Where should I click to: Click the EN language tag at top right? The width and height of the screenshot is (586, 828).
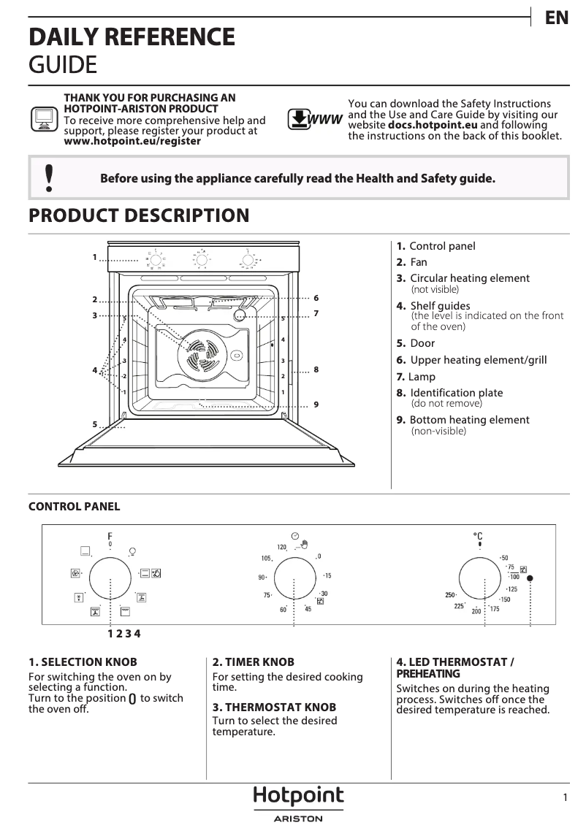(x=557, y=18)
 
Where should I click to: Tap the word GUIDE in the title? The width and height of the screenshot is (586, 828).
(x=62, y=64)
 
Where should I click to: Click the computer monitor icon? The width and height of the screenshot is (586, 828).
(x=44, y=118)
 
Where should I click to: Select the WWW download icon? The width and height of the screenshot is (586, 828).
(x=314, y=119)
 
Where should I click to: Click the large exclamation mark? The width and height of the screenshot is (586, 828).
(x=49, y=178)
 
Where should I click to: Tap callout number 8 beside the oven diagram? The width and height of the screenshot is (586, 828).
(x=316, y=370)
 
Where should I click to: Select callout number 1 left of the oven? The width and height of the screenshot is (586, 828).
(x=95, y=257)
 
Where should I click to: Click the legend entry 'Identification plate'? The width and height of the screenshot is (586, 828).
(x=456, y=393)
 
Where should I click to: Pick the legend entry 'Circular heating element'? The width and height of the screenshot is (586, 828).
(x=469, y=278)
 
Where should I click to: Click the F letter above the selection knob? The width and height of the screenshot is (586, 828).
(x=110, y=535)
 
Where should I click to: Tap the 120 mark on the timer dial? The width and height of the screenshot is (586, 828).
(x=281, y=547)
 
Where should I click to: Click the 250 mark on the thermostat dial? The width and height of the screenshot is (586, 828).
(x=451, y=595)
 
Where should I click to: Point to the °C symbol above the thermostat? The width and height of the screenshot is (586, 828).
(x=479, y=536)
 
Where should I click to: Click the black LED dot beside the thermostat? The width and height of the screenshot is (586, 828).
(x=530, y=578)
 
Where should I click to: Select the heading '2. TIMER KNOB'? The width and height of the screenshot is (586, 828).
(x=253, y=662)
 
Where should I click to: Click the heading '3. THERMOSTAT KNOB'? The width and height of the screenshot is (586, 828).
(x=274, y=708)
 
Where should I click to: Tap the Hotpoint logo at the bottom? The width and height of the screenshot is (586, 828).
(x=298, y=796)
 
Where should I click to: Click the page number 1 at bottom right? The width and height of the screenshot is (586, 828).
(x=566, y=798)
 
